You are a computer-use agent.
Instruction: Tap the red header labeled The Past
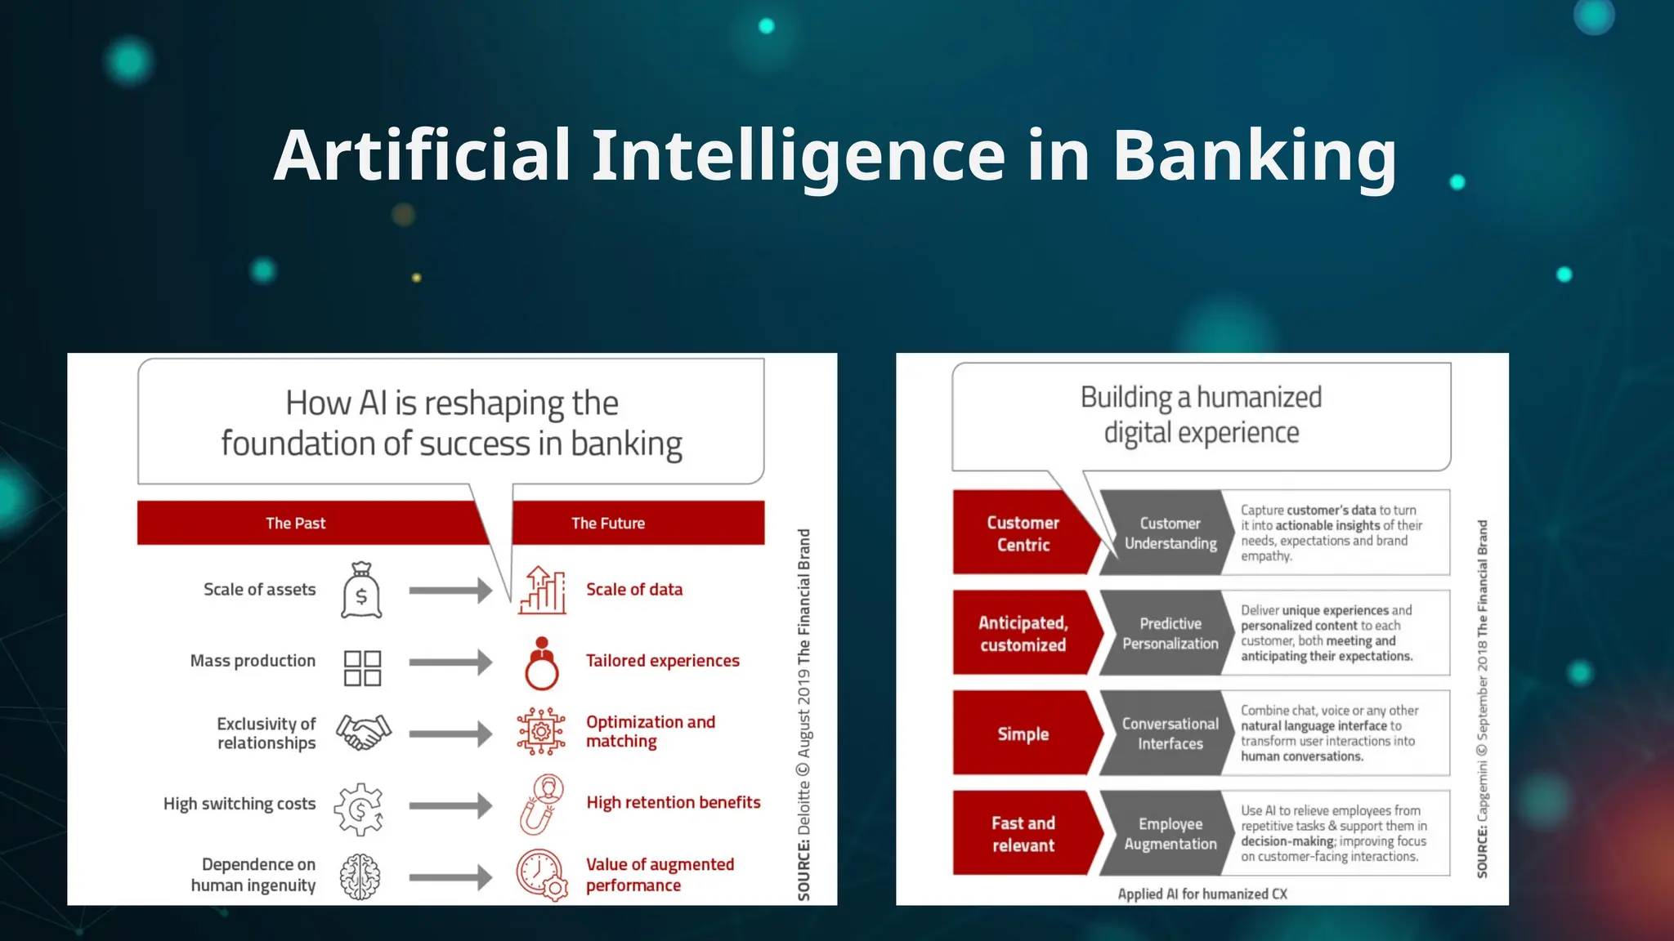(x=296, y=523)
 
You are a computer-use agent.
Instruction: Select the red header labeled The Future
(x=608, y=523)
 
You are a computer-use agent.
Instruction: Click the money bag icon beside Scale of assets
(x=361, y=591)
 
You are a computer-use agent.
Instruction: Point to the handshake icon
(x=364, y=733)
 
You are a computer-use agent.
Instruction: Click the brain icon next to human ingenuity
(x=360, y=876)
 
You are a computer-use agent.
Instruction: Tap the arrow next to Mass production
(x=450, y=662)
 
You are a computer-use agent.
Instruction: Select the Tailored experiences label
(x=662, y=661)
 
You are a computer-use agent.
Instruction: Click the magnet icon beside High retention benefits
(x=541, y=805)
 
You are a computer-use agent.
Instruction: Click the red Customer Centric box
(x=1022, y=533)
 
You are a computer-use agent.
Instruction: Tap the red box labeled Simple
(x=1022, y=734)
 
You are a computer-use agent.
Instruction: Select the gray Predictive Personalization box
(x=1170, y=633)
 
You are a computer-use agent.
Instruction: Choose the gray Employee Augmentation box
(x=1170, y=833)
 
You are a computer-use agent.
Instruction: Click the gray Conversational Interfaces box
(x=1170, y=734)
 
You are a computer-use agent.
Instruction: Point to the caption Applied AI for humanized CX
(x=1202, y=894)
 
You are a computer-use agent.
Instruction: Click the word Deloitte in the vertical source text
(x=804, y=807)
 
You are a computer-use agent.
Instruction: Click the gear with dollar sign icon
(x=359, y=809)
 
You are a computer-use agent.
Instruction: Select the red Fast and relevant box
(x=1022, y=833)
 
